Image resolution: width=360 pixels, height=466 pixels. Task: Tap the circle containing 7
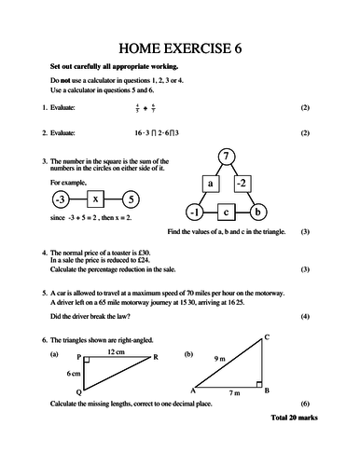pyautogui.click(x=227, y=156)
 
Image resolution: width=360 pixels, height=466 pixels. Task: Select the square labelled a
pyautogui.click(x=211, y=184)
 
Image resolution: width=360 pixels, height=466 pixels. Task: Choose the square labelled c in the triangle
pyautogui.click(x=226, y=212)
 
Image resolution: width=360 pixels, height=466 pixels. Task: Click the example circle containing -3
pyautogui.click(x=58, y=199)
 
